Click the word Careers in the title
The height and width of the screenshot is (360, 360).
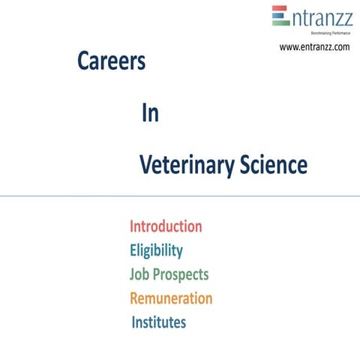pos(111,62)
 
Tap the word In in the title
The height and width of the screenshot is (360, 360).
pos(150,113)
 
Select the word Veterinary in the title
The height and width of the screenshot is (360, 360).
pos(182,165)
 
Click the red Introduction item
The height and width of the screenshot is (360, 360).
pos(166,226)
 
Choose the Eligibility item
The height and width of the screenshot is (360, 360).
pos(156,250)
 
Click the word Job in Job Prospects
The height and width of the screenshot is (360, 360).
pos(140,274)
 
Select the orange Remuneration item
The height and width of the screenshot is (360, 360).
pos(171,298)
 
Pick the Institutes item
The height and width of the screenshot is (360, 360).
pos(159,322)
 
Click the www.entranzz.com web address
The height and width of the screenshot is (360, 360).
pos(314,47)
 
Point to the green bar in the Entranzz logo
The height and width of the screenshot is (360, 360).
pos(280,22)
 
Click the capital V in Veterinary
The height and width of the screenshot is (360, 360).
pos(145,165)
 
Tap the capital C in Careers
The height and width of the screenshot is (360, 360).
pos(83,62)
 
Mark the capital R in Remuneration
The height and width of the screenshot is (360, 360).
pos(135,298)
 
